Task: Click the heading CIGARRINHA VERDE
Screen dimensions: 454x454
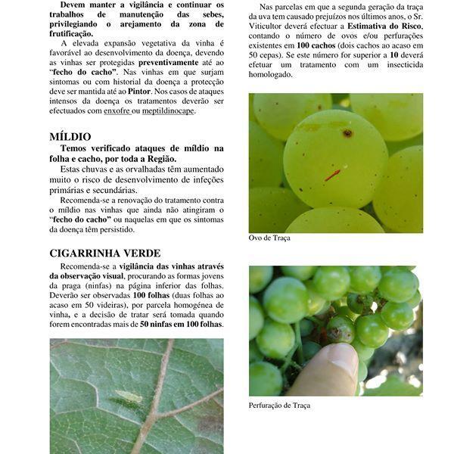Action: click(x=104, y=253)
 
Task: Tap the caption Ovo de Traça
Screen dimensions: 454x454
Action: click(x=269, y=238)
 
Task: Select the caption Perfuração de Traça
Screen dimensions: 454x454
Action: click(x=279, y=406)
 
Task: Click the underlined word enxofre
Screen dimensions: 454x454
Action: click(x=117, y=110)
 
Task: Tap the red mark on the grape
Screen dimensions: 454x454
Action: click(x=332, y=176)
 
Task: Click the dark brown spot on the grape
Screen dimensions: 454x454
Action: click(x=347, y=133)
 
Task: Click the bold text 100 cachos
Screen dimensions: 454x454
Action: click(x=320, y=46)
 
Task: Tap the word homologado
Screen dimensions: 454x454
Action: click(x=270, y=75)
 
